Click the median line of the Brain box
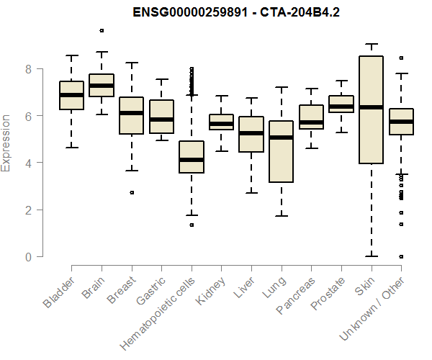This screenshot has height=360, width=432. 102,86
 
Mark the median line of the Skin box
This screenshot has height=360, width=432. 371,107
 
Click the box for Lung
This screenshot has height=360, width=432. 281,151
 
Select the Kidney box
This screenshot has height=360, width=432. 221,122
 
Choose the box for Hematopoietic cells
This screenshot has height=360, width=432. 192,157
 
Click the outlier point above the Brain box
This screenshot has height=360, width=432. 102,30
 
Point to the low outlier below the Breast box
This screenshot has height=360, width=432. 131,192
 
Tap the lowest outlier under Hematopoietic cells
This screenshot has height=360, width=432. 192,225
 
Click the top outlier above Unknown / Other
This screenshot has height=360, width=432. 401,58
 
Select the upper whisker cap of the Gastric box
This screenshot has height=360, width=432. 161,79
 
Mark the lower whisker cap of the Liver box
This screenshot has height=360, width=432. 251,193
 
